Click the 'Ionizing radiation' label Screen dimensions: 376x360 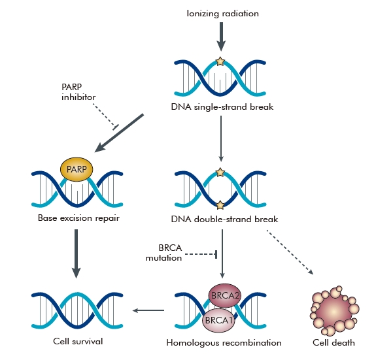pos(222,14)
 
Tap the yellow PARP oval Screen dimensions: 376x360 pos(77,169)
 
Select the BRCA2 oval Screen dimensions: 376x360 pos(225,295)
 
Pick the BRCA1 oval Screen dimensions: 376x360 pos(218,320)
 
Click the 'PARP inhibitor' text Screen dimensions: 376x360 pos(78,91)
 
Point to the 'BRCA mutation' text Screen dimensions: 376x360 pos(164,253)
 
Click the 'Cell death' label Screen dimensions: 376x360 pos(333,342)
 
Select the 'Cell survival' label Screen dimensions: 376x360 pos(78,341)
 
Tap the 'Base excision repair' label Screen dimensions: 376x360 pos(78,218)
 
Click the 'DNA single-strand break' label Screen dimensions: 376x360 pos(222,107)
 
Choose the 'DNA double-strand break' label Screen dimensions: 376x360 pos(224,219)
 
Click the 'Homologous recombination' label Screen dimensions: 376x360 pos(224,343)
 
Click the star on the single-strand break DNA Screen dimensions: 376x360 pos(220,61)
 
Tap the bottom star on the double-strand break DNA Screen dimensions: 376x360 pos(220,205)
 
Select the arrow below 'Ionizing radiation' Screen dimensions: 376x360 pos(221,37)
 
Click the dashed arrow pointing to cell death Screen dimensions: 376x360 pos(290,252)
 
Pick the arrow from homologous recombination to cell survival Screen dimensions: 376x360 pos(148,310)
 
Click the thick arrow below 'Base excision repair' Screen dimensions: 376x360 pos(77,254)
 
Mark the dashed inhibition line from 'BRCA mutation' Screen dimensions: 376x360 pos(201,254)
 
